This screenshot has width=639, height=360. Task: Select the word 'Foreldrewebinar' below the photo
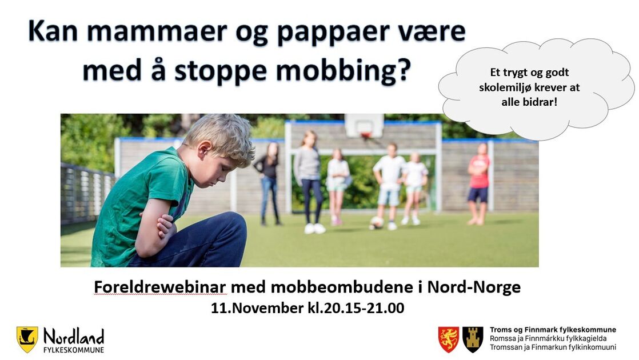point(160,287)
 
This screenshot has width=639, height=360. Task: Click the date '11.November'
point(257,308)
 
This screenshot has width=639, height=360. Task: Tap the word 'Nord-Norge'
point(474,287)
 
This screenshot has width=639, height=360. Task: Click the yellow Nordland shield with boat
point(27,339)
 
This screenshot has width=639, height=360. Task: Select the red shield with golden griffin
point(449,339)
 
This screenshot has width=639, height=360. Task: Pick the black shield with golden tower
point(473,339)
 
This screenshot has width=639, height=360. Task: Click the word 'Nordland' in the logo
point(74,337)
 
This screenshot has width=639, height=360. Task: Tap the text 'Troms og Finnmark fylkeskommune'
point(553,330)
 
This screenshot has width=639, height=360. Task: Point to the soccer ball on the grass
point(377,222)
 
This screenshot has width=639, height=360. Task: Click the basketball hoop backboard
point(364,126)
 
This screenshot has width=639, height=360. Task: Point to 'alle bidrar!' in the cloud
point(529,102)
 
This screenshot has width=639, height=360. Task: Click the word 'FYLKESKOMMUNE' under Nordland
point(74,350)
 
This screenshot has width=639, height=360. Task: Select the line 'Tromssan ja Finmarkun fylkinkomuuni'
point(553,347)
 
